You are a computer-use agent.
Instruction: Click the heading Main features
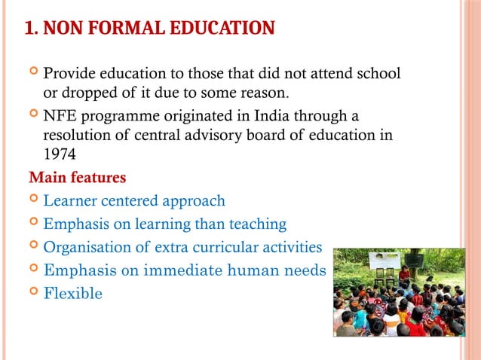(x=77, y=179)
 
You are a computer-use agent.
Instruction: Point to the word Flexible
(x=72, y=293)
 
